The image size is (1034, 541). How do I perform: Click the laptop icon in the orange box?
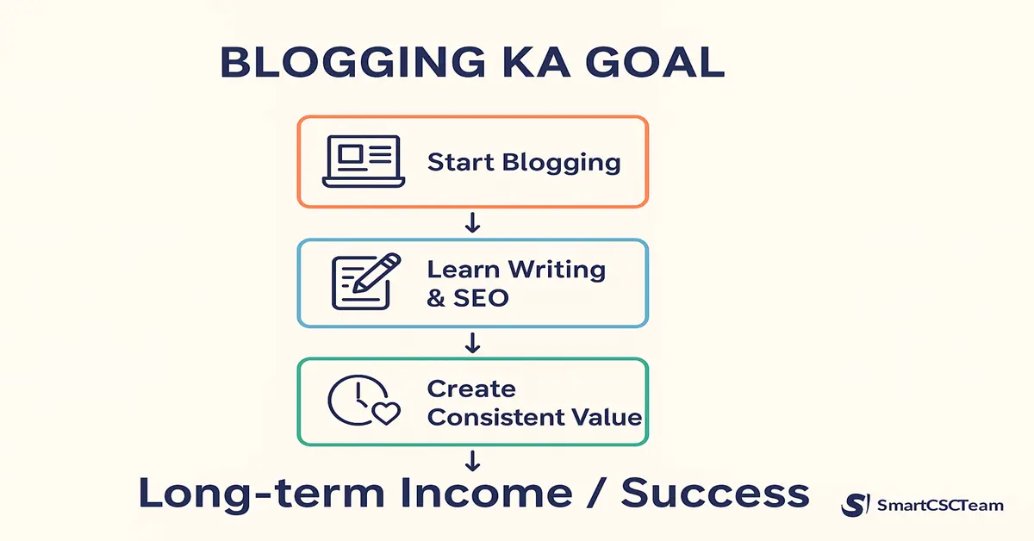pos(363,162)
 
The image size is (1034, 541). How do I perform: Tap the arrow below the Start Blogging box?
pos(472,224)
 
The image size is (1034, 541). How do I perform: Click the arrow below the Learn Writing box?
pos(472,343)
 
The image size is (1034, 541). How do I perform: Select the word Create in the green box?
pos(471,389)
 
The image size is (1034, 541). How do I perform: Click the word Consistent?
pos(497,418)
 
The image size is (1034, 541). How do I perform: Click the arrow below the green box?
pos(472,462)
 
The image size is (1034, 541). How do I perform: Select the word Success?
pos(715,494)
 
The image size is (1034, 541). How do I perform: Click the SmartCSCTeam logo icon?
pos(855,506)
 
